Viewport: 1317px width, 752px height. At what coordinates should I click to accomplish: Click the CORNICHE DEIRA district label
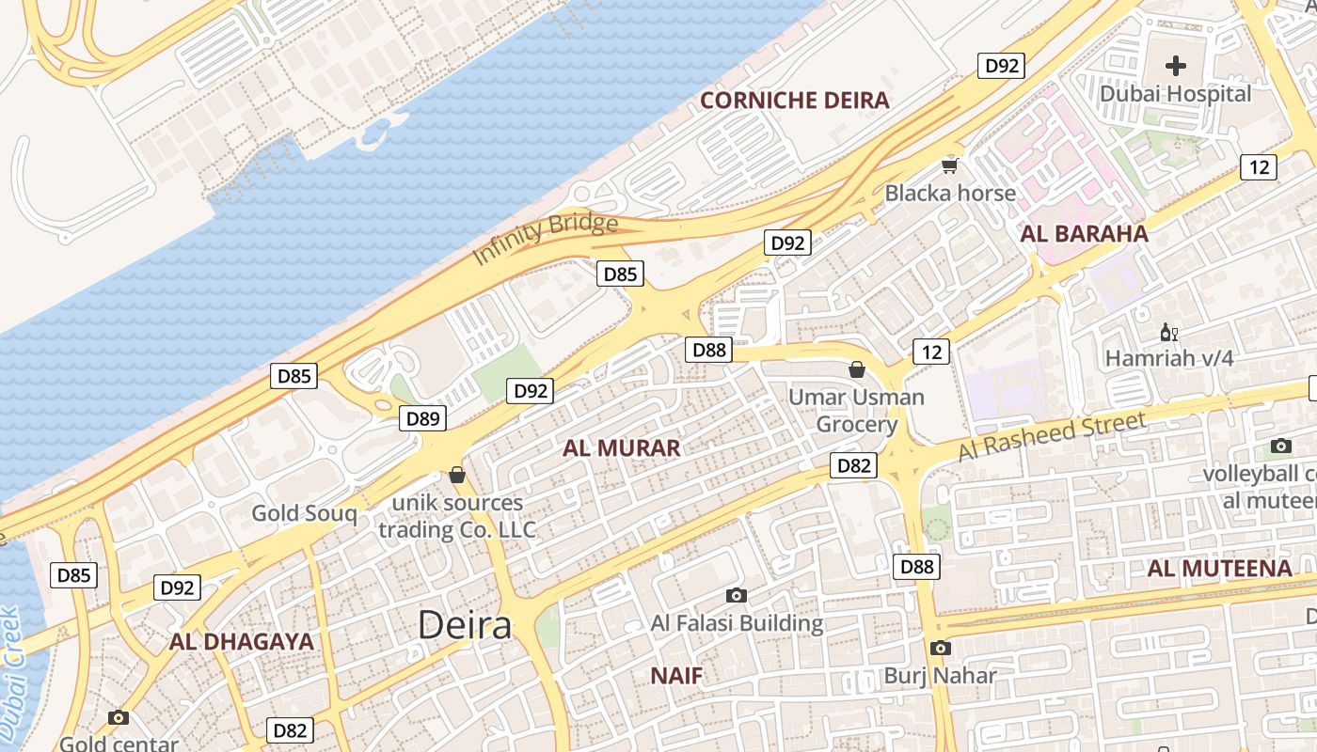point(795,101)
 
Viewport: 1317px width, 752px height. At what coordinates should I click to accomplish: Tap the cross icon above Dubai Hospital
point(1176,66)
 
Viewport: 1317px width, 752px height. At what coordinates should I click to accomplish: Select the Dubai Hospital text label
point(1176,94)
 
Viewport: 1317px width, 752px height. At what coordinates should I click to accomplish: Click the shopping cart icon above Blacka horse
point(950,166)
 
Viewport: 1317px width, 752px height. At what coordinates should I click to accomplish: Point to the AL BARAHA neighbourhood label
point(1085,234)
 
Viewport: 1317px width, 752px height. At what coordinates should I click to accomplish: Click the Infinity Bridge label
point(545,239)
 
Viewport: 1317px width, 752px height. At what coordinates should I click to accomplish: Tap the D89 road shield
point(422,419)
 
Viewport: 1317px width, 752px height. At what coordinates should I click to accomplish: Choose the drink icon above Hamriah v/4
point(1168,332)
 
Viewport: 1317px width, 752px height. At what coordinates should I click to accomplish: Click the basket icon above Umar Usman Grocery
point(856,369)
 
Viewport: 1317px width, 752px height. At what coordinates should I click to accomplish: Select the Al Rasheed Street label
point(1053,437)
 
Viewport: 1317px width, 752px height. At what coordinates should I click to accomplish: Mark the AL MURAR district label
point(622,448)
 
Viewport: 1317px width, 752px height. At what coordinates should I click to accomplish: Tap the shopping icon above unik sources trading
point(457,475)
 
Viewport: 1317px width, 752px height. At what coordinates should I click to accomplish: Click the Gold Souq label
point(304,513)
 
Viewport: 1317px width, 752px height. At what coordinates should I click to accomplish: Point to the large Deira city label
point(465,625)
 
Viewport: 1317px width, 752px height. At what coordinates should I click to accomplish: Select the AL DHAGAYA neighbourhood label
point(241,642)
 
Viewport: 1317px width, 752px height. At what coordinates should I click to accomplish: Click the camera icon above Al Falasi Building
point(737,595)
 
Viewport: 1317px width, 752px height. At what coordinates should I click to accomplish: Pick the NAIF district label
point(676,675)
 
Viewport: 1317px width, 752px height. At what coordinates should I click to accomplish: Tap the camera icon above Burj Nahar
point(940,648)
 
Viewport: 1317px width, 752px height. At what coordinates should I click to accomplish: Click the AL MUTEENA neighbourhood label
point(1219,569)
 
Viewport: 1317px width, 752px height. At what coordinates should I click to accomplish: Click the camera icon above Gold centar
point(119,717)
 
